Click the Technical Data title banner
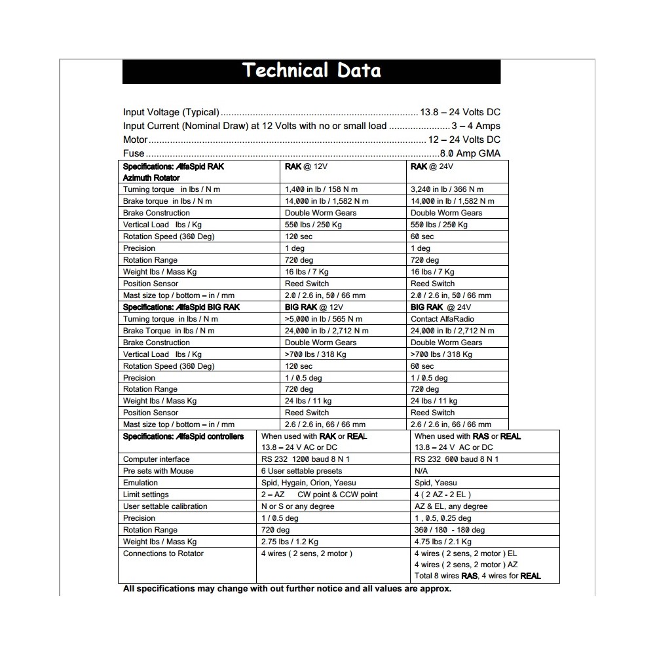pos(311,71)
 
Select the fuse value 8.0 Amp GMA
pos(470,153)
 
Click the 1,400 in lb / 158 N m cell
pos(321,189)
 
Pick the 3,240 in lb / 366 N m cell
pos(447,189)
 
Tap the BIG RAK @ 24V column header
pos(441,307)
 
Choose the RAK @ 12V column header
pos(306,166)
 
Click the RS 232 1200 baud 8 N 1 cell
pos(305,459)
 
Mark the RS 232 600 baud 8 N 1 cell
pos(457,459)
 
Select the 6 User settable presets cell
pos(301,471)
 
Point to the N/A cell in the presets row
pos(421,471)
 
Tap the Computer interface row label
pos(156,459)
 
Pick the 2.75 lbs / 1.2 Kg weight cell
pos(290,542)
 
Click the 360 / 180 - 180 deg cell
pos(449,530)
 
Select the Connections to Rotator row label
pos(163,553)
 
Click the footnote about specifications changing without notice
pos(287,588)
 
